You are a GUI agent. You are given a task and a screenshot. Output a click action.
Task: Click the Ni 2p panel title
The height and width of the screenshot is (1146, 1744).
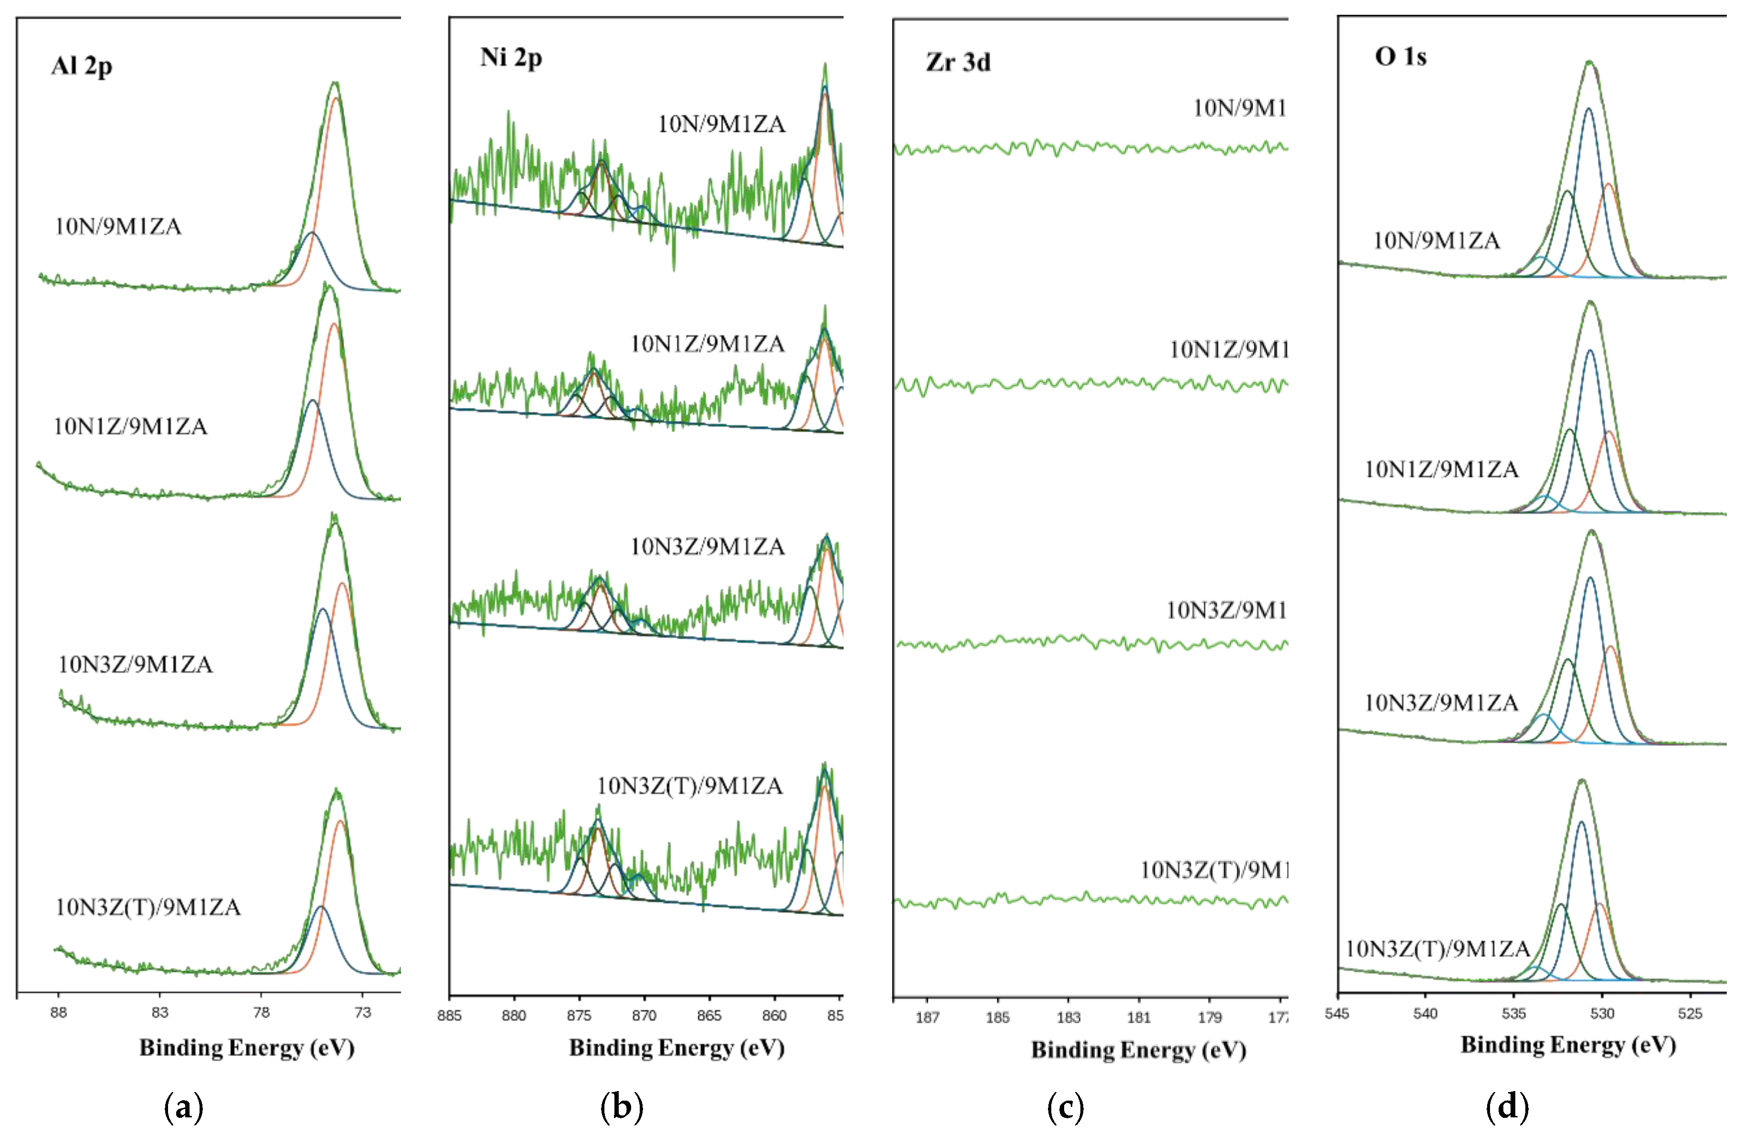(511, 58)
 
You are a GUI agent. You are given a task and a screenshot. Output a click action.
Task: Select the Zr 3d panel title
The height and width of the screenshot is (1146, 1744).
(958, 62)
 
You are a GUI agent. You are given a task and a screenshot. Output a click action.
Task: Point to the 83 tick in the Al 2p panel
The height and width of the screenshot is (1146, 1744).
(160, 1013)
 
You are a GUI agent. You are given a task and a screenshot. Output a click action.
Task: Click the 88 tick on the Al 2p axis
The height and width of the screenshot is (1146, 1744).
(59, 1013)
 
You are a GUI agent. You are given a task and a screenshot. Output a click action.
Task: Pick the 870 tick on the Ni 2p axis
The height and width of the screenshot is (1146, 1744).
(644, 1016)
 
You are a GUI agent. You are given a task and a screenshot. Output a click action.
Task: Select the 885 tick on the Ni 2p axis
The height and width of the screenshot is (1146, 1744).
(450, 1016)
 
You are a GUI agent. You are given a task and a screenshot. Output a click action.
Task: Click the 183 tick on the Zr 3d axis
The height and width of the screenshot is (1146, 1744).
(1068, 1018)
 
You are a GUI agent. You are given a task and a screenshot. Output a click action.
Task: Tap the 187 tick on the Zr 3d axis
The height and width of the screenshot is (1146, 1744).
(928, 1018)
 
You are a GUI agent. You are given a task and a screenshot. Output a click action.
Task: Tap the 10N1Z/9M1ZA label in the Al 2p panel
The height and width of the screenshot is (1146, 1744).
(130, 426)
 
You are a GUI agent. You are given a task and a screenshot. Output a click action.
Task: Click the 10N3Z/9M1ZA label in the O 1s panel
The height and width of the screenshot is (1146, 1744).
(1441, 703)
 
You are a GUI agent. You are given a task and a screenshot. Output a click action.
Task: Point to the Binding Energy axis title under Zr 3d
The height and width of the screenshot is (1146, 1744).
(1138, 1050)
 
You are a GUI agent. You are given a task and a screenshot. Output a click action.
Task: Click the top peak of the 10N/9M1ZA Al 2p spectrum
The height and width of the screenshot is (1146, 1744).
(336, 83)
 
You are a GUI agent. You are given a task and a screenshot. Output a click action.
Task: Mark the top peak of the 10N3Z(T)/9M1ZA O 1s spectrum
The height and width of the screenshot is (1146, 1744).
(1581, 780)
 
